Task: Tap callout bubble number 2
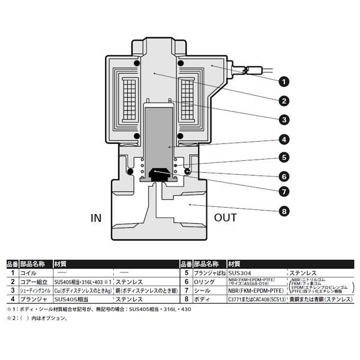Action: pos(284,101)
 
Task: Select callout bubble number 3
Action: pos(284,120)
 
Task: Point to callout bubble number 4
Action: pos(284,141)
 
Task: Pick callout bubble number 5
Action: pos(284,158)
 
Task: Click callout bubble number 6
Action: pos(284,177)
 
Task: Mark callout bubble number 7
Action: pos(284,193)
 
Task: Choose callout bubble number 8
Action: pos(284,211)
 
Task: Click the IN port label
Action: pos(97,218)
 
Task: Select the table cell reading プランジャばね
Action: pos(206,272)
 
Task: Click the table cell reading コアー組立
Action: pos(33,281)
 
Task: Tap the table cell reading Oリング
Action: pos(202,281)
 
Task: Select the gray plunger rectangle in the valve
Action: pos(160,136)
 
